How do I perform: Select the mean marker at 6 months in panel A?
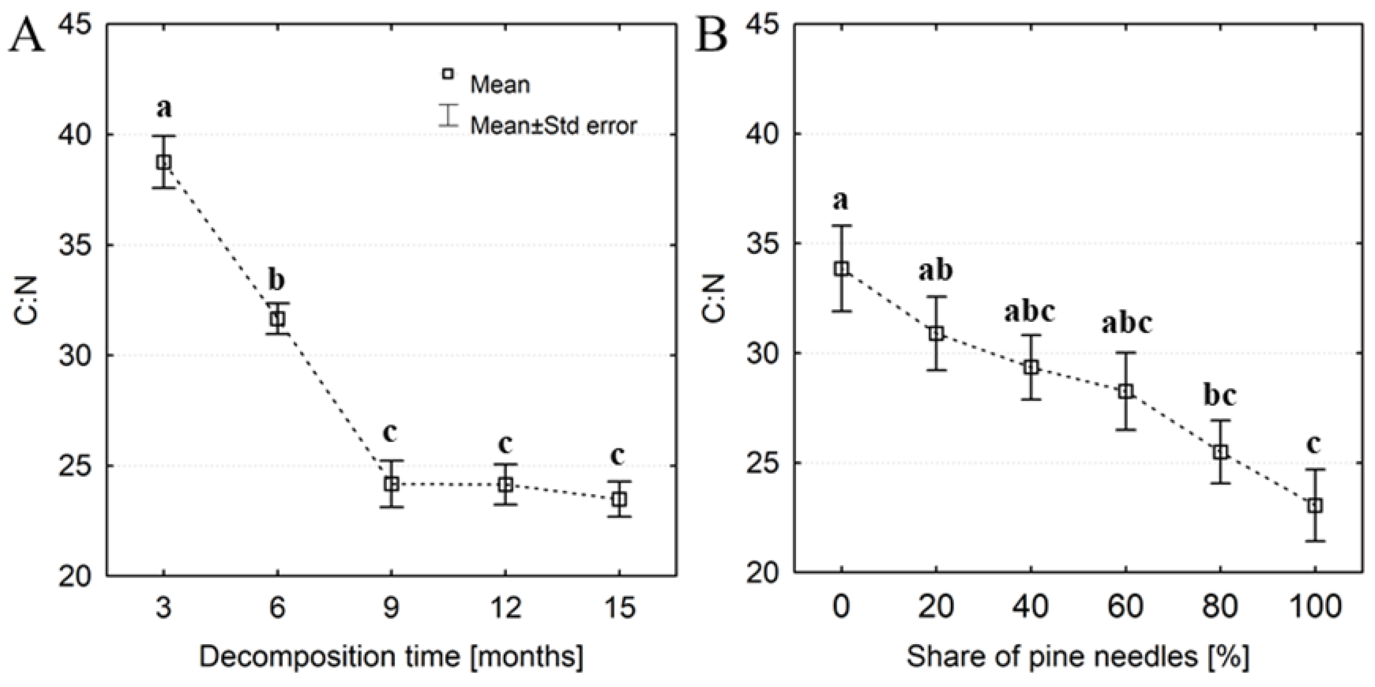tap(277, 319)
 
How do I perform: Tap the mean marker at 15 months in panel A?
tap(619, 500)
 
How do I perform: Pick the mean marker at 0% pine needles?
tap(842, 269)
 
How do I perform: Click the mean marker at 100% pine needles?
tap(1315, 505)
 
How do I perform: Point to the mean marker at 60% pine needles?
tap(1126, 391)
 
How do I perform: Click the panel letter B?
tap(713, 36)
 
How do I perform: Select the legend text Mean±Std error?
tap(553, 125)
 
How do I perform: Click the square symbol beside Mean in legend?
tap(448, 74)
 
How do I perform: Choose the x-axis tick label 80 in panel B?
tap(1220, 608)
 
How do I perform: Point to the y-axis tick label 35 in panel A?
tap(75, 246)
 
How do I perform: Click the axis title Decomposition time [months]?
tap(391, 657)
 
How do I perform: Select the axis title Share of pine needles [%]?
tap(1078, 657)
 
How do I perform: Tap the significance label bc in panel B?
tap(1220, 396)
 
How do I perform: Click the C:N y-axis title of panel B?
tap(714, 299)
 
